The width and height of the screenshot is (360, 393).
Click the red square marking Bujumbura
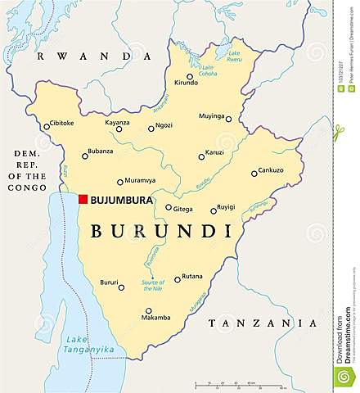click(83, 199)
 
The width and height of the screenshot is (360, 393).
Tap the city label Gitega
click(182, 208)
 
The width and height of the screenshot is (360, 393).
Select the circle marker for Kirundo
click(190, 77)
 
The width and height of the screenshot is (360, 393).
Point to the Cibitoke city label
click(61, 124)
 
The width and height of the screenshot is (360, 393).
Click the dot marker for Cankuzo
click(254, 173)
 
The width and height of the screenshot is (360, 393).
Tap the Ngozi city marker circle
click(151, 128)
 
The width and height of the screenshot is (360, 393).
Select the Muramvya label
click(141, 181)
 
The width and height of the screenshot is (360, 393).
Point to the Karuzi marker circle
click(201, 156)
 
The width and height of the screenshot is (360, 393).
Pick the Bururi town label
click(109, 282)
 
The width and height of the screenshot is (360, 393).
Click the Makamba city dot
click(148, 311)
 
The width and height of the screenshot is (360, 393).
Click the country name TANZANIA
click(262, 323)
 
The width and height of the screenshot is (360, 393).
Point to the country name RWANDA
click(95, 55)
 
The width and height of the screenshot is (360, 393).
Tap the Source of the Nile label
click(153, 286)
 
